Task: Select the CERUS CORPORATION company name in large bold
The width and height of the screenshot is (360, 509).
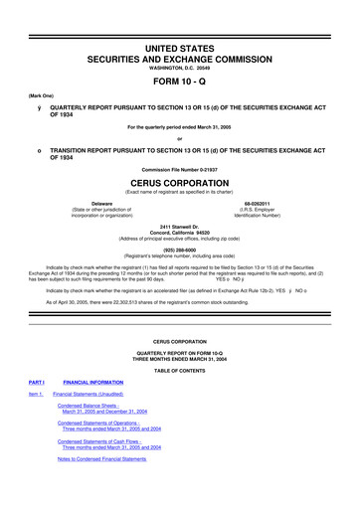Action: (180, 183)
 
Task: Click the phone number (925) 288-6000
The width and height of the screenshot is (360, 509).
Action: (180, 250)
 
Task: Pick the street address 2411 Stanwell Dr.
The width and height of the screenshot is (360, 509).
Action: (180, 226)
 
